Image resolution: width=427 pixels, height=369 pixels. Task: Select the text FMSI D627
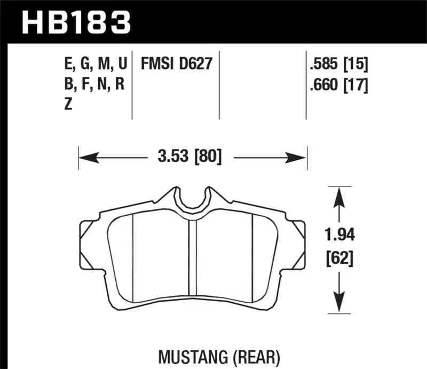[x=177, y=65]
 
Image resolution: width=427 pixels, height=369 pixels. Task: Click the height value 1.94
[x=338, y=234]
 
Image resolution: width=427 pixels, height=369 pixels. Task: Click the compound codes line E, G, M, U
[x=94, y=65]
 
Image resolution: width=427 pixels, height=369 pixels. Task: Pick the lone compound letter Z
[x=68, y=105]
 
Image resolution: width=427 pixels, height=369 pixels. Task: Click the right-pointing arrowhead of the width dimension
[x=298, y=157]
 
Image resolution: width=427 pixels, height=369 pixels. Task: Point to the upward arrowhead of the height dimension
[x=337, y=195]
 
